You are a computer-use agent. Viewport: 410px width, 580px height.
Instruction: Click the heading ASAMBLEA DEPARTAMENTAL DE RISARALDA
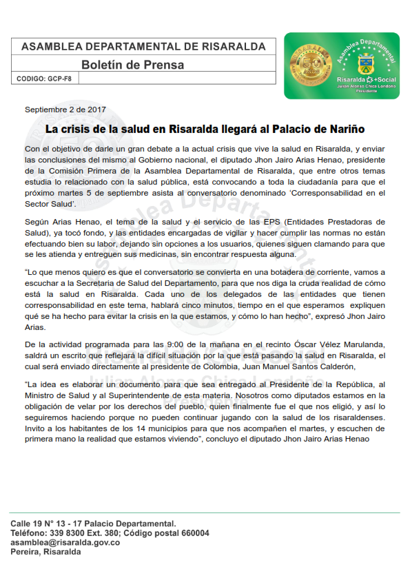(143, 46)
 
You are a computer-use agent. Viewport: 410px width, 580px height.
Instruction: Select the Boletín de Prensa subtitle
(132, 65)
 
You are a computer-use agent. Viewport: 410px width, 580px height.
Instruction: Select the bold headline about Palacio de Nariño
(205, 129)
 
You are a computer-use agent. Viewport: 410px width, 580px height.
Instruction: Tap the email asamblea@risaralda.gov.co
(65, 543)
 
